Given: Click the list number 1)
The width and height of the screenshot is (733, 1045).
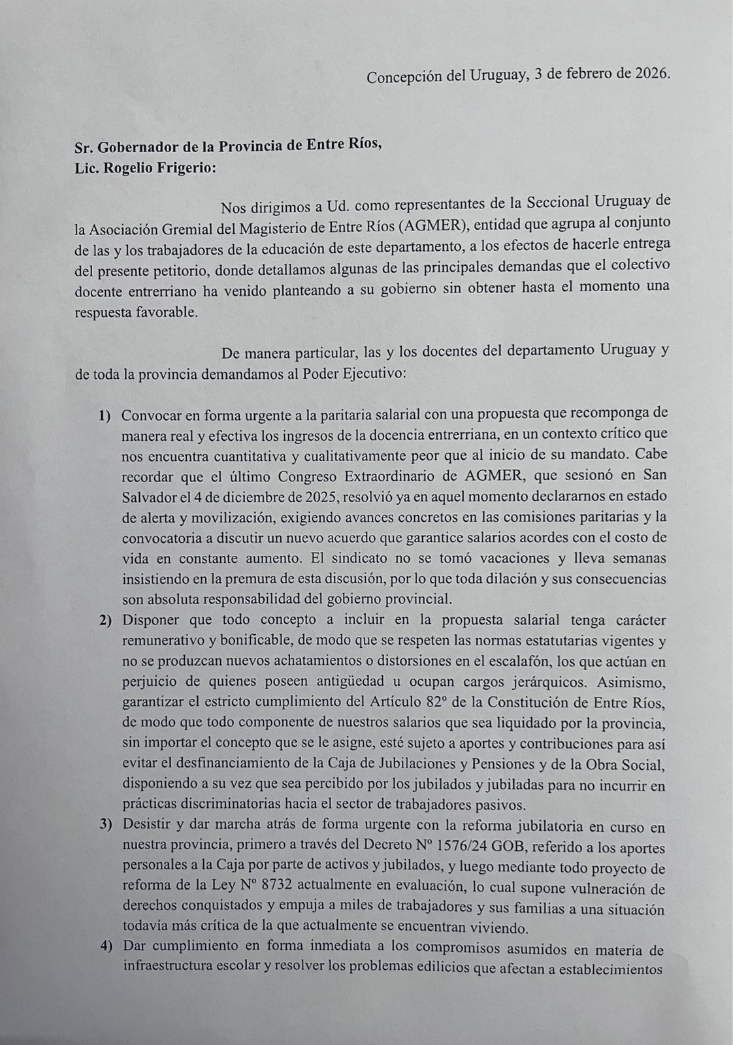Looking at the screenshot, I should [105, 415].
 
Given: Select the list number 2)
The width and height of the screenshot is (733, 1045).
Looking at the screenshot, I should [105, 620].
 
